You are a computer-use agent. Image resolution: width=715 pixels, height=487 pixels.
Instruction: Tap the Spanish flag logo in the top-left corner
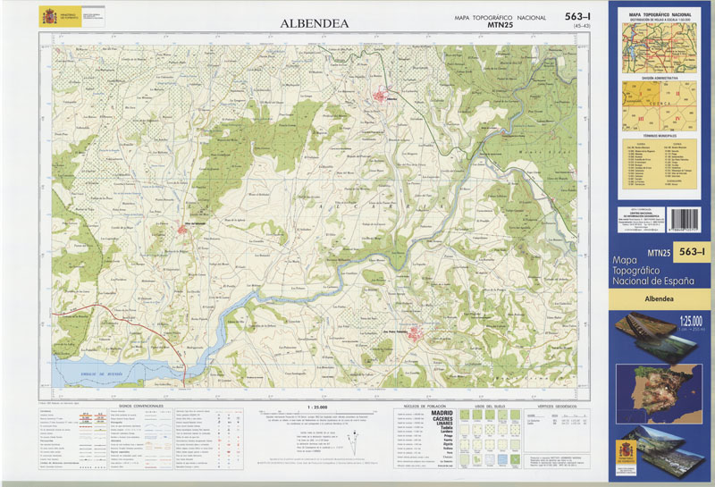[47, 16]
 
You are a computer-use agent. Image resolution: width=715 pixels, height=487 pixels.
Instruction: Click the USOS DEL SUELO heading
[490, 406]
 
